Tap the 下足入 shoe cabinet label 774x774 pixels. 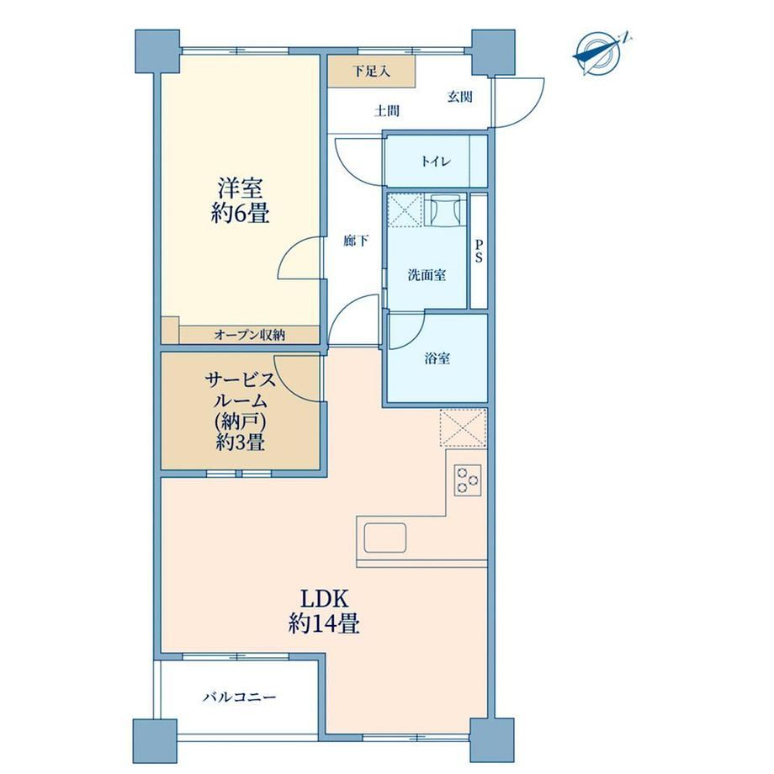point(372,71)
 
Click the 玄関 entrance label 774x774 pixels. point(460,97)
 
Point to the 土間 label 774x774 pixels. point(386,111)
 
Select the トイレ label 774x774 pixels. point(436,162)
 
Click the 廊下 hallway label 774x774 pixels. point(356,241)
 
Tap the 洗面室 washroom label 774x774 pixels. point(427,275)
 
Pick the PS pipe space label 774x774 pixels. point(479,252)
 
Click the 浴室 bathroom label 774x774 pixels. point(437,358)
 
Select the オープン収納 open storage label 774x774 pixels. point(250,335)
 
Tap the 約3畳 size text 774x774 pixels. point(241,443)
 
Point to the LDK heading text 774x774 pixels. point(325,599)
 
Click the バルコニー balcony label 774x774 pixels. point(240,697)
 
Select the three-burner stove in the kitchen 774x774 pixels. point(468,480)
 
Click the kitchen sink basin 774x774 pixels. point(385,538)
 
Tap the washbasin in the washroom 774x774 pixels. point(445,209)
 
